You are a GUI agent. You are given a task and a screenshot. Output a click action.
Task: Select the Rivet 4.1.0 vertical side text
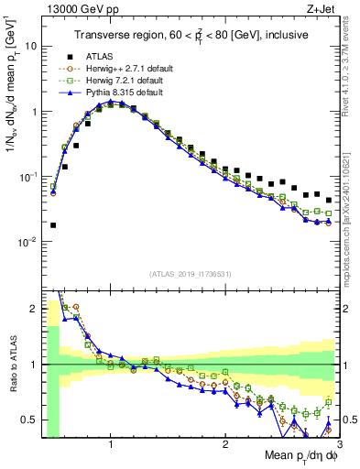[350, 64]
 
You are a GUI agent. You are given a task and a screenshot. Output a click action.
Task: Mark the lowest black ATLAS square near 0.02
[53, 224]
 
